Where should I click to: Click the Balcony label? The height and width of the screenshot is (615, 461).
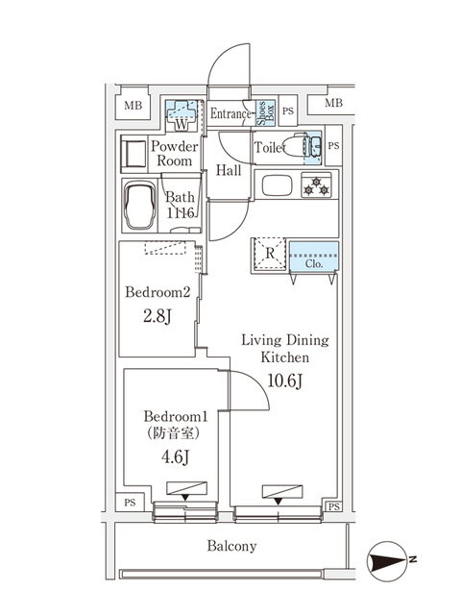click(230, 547)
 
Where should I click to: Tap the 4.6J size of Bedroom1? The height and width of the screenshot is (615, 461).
click(175, 456)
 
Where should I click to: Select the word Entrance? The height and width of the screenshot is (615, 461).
click(230, 114)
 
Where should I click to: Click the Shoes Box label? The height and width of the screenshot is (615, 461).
click(263, 113)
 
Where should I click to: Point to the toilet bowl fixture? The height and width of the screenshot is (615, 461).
click(308, 146)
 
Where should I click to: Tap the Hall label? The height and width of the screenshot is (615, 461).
click(228, 171)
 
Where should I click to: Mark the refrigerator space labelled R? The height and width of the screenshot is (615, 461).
click(271, 255)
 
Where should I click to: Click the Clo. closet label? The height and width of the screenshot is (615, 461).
click(313, 263)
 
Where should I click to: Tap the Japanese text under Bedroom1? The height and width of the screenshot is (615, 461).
click(175, 434)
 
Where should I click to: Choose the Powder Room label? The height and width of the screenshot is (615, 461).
click(174, 154)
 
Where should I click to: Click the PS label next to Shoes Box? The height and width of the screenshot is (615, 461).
click(287, 112)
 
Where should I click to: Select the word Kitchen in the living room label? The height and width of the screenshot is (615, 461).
click(284, 357)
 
